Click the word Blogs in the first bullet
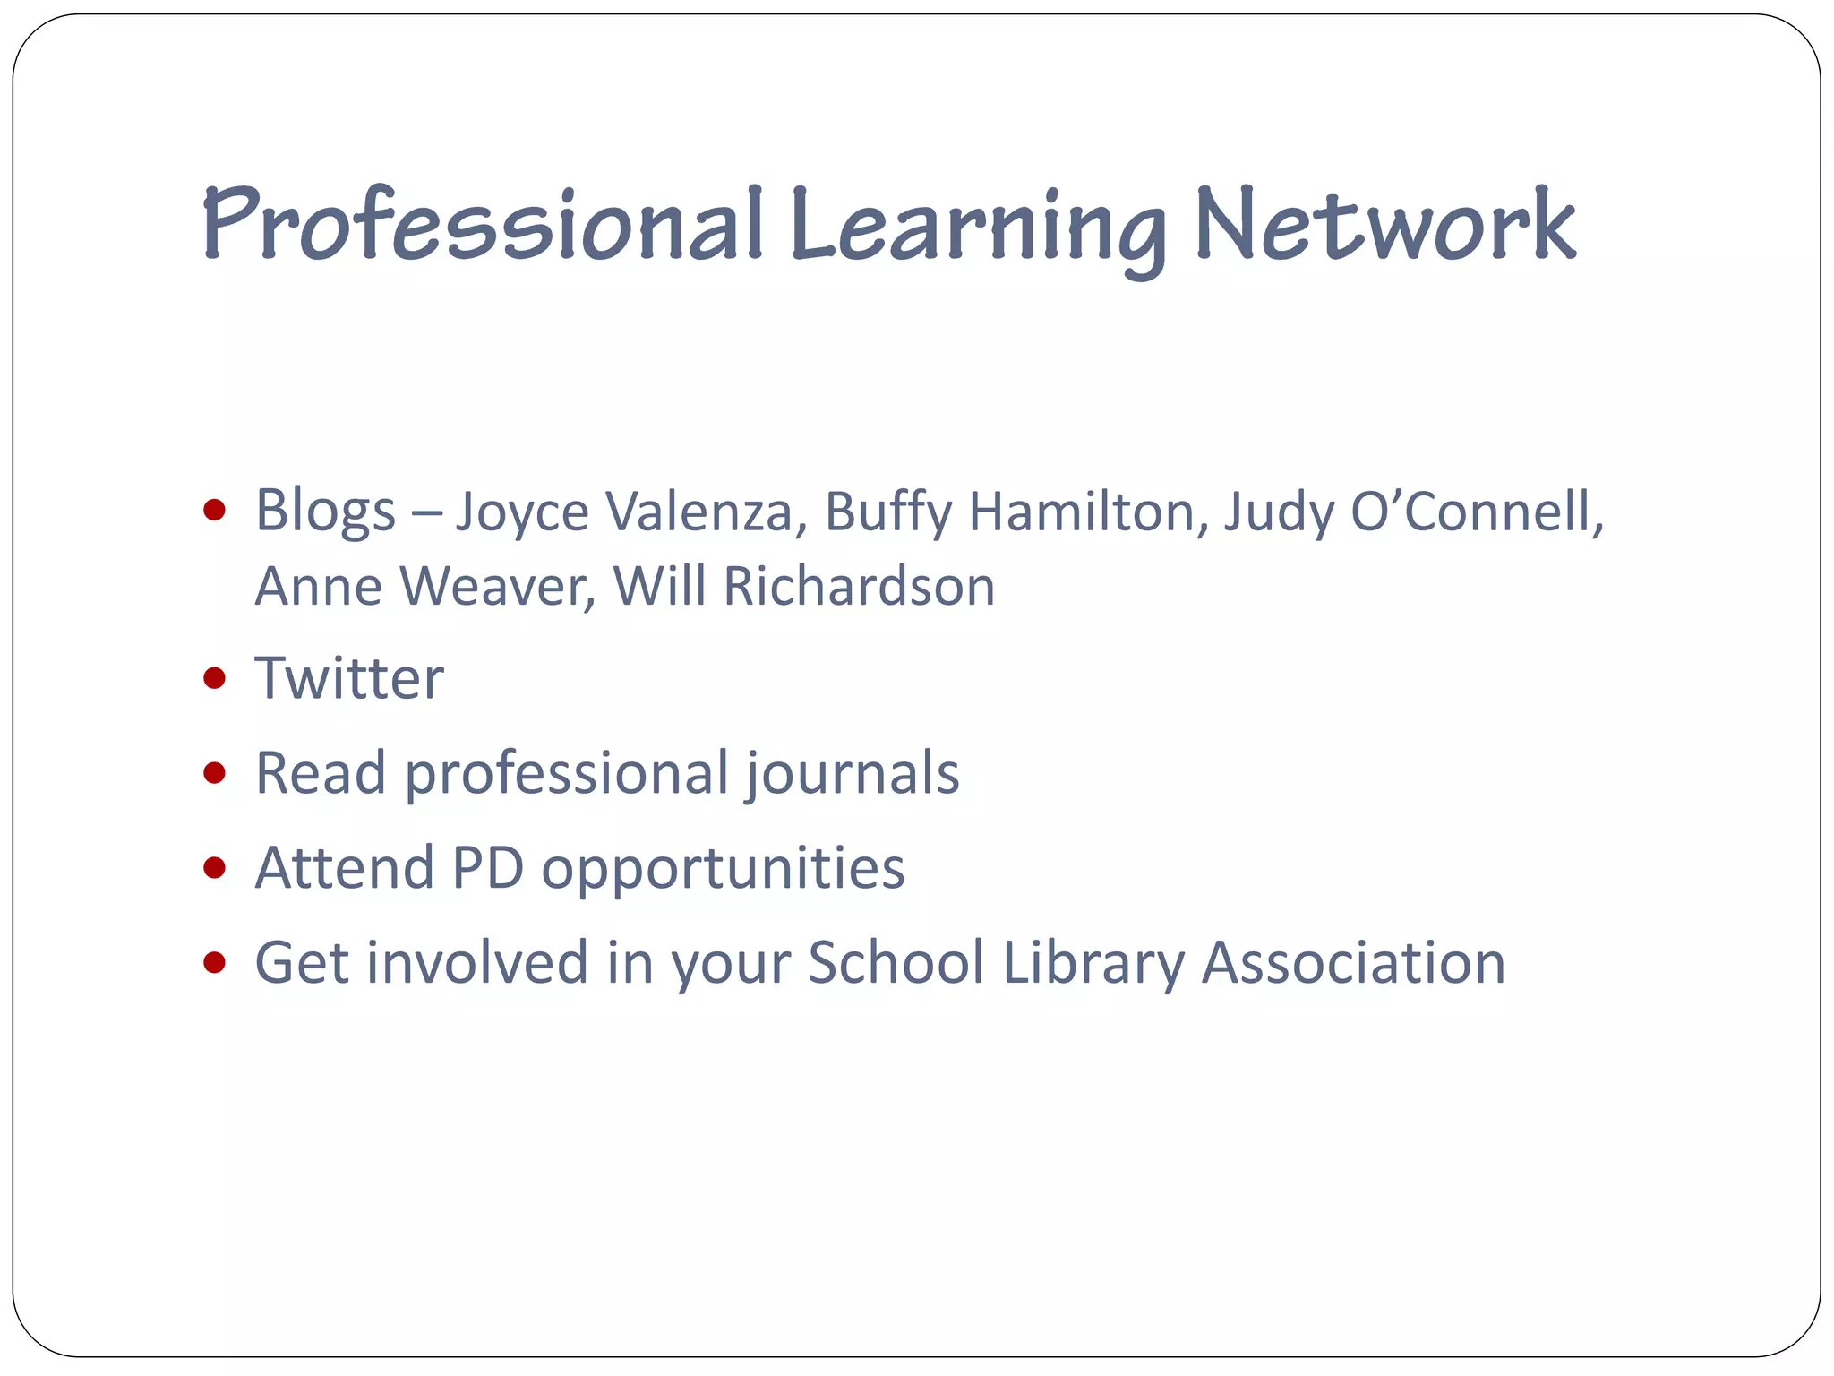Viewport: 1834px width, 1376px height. coord(325,512)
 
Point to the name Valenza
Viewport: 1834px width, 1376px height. coord(699,512)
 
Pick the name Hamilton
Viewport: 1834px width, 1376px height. coord(1083,512)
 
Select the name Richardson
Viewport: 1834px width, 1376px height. coord(859,587)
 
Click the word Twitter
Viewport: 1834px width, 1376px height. coord(349,678)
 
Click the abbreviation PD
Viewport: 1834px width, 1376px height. coord(487,868)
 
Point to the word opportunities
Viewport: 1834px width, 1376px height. coord(723,870)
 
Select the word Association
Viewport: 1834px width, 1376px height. coord(1353,963)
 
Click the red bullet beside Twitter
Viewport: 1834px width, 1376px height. coord(214,678)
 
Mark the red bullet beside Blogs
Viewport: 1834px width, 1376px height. coord(214,511)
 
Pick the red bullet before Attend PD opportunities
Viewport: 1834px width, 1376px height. coord(214,867)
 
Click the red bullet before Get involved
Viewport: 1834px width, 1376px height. coord(214,963)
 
